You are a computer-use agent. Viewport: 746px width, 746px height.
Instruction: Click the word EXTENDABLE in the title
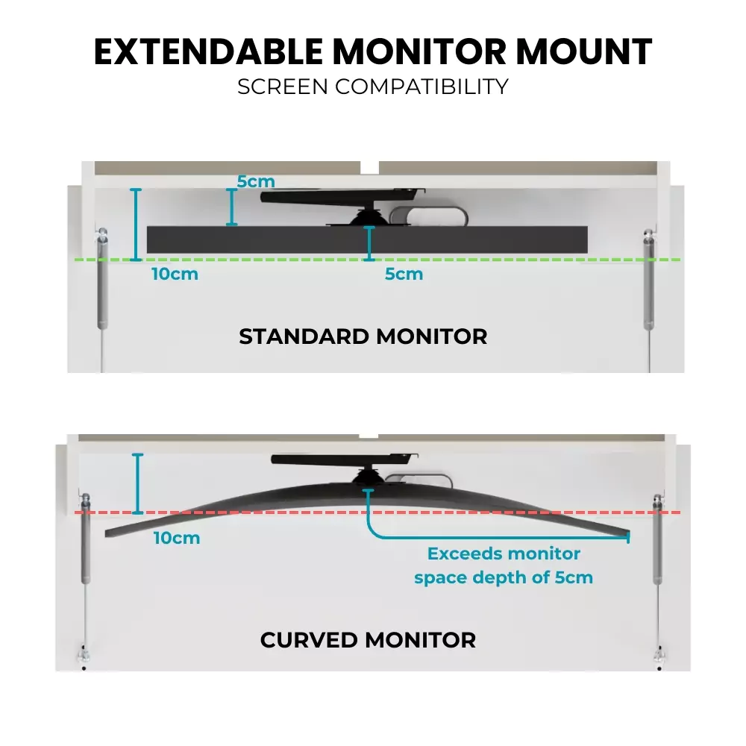pyautogui.click(x=209, y=51)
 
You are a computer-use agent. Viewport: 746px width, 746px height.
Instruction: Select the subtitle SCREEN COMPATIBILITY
pyautogui.click(x=372, y=86)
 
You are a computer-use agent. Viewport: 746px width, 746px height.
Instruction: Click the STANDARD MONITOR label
pyautogui.click(x=363, y=336)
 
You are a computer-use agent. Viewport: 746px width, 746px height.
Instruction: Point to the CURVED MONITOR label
pyautogui.click(x=368, y=640)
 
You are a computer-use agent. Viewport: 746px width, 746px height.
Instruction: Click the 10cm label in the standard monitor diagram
pyautogui.click(x=175, y=274)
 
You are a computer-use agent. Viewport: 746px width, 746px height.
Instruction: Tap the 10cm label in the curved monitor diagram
pyautogui.click(x=177, y=537)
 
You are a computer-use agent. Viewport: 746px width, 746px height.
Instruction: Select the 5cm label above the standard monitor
pyautogui.click(x=256, y=181)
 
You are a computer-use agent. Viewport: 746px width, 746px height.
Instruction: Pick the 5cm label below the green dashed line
pyautogui.click(x=404, y=274)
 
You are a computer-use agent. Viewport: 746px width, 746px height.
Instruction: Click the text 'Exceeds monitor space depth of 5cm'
pyautogui.click(x=504, y=565)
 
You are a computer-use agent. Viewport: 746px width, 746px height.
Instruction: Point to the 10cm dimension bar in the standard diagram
pyautogui.click(x=136, y=224)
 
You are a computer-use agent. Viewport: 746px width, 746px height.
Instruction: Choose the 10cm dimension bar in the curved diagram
pyautogui.click(x=138, y=483)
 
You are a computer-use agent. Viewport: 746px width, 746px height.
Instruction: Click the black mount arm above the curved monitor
pyautogui.click(x=343, y=460)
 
